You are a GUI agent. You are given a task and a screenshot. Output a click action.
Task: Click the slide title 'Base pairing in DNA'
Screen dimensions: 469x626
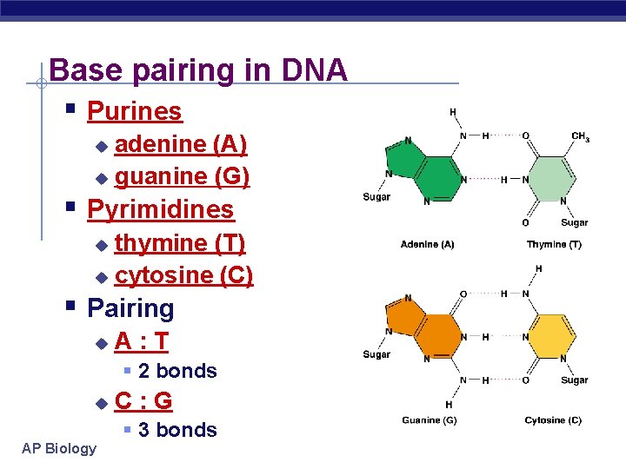click(x=198, y=69)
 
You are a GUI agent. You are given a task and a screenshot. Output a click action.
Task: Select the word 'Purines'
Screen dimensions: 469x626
click(x=135, y=111)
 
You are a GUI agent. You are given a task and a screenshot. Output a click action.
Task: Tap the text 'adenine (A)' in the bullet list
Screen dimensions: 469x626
click(x=181, y=143)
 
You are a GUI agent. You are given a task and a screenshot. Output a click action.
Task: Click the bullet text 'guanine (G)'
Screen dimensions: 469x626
click(x=183, y=176)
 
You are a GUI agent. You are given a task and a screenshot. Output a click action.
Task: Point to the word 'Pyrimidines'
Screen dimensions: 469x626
click(x=161, y=209)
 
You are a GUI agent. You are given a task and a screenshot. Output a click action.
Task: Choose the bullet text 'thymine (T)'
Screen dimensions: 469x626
click(x=180, y=242)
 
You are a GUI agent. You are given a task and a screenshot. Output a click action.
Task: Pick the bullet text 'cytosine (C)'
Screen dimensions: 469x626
click(x=184, y=275)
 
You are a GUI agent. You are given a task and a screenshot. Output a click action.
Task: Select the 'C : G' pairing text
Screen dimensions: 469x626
click(x=143, y=400)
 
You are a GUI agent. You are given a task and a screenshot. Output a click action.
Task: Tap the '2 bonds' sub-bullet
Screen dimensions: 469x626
click(x=177, y=371)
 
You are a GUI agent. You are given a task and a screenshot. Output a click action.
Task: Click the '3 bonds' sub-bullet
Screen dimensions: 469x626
click(x=177, y=430)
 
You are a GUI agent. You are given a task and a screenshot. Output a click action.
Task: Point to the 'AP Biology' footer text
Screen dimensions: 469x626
click(x=60, y=448)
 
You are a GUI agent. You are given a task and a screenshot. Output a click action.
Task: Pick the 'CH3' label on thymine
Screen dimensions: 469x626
click(x=580, y=136)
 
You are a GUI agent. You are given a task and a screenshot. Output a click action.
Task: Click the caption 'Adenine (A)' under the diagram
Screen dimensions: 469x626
click(x=427, y=245)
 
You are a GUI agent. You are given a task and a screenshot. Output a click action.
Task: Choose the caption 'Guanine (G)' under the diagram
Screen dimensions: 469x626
click(x=429, y=420)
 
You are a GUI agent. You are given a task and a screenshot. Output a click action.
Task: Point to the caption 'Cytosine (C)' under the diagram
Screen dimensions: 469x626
click(x=553, y=420)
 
